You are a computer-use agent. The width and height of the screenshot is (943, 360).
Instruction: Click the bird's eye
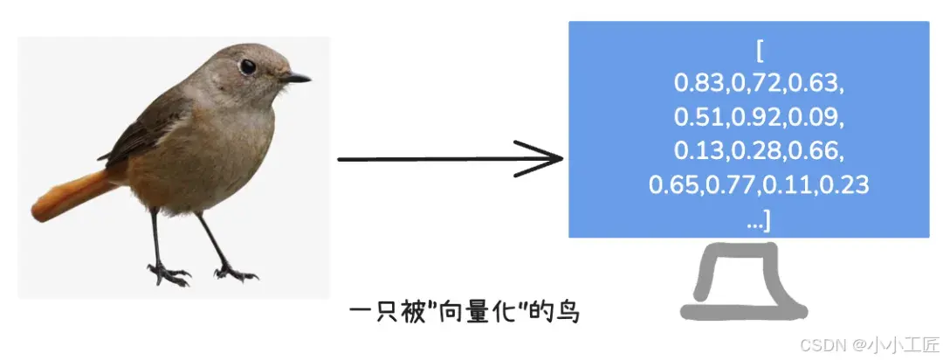tap(248, 66)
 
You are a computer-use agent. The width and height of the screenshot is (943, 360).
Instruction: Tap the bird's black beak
tap(296, 78)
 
